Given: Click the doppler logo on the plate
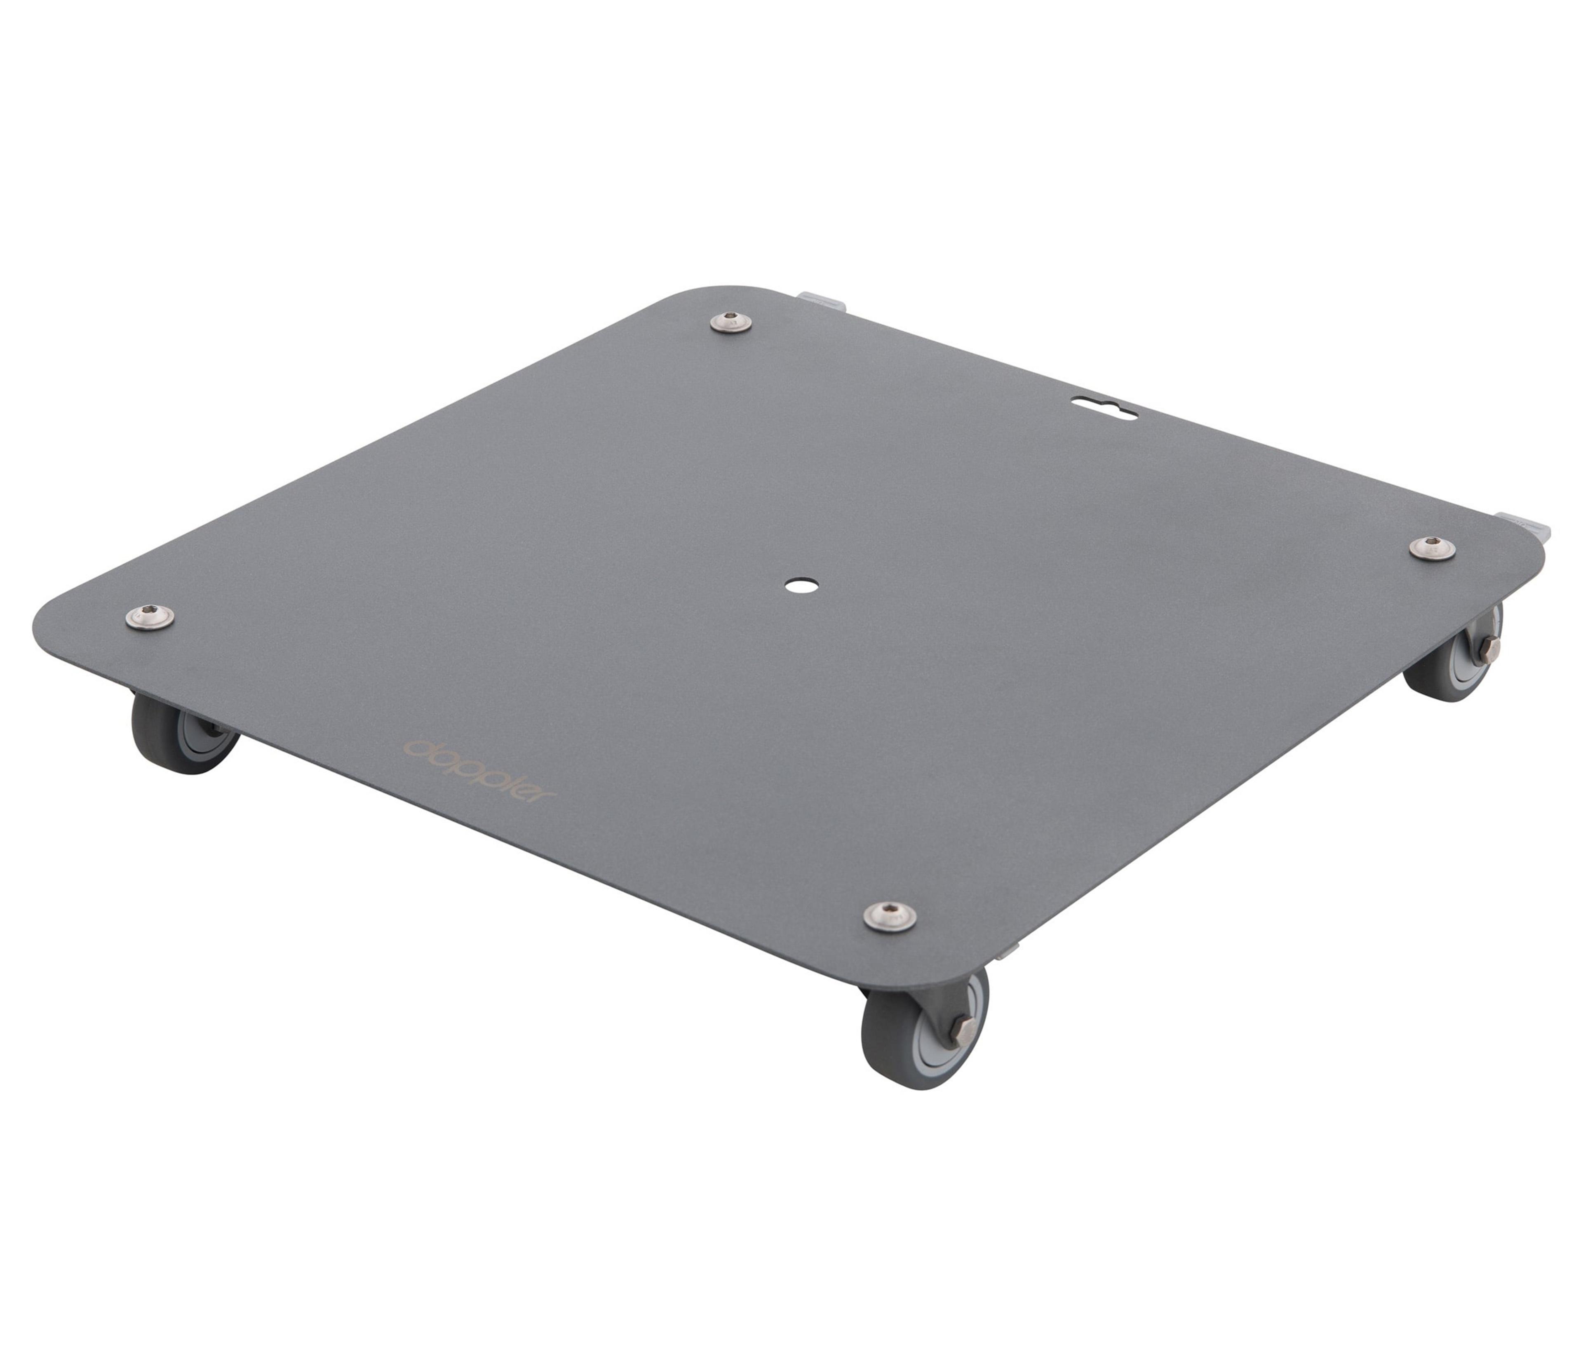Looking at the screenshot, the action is pyautogui.click(x=482, y=769).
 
